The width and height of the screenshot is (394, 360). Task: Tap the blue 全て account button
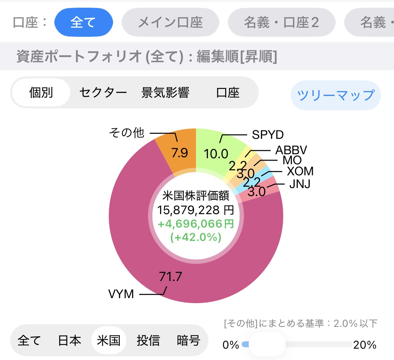(x=84, y=22)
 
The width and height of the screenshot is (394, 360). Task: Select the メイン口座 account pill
(x=170, y=22)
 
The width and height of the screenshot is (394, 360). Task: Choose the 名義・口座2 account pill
(x=281, y=22)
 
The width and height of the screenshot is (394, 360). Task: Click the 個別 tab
(x=41, y=93)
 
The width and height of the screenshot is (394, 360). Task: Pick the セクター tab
(x=103, y=93)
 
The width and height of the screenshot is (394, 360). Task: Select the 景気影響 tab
(x=165, y=93)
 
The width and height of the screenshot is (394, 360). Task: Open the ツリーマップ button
(x=336, y=95)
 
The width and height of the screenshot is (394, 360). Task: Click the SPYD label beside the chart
(x=268, y=135)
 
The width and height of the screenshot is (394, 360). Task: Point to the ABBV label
(x=291, y=150)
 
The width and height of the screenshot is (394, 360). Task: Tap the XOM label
(x=300, y=171)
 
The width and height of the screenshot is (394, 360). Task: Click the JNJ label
(x=300, y=184)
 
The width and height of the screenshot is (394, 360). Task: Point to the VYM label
(x=121, y=294)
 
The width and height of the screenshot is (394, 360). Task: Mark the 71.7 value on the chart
(x=170, y=277)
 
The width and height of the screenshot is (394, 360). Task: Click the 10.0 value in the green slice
(x=216, y=154)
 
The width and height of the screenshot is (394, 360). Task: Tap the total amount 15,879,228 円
(x=196, y=210)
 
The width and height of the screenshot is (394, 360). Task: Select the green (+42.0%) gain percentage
(x=196, y=237)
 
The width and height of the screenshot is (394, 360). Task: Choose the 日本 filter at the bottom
(x=70, y=340)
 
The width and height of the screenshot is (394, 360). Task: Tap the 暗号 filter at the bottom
(x=188, y=340)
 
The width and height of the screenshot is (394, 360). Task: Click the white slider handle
(x=267, y=344)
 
